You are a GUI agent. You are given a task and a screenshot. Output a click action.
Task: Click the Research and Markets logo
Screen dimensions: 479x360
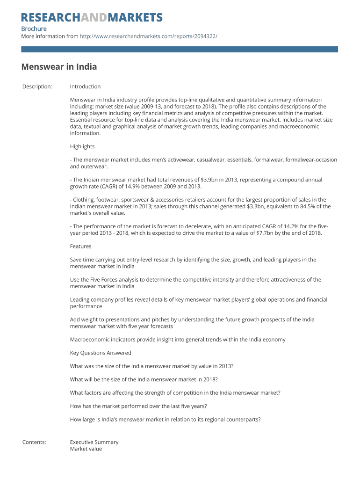click(x=92, y=18)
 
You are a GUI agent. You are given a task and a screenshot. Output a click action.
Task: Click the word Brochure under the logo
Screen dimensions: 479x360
click(x=34, y=29)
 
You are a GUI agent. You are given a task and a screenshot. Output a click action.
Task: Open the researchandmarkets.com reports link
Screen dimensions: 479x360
click(x=149, y=36)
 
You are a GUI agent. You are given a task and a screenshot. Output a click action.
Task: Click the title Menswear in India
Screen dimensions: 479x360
click(x=59, y=67)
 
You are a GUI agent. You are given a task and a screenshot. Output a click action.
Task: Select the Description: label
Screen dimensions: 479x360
click(x=37, y=87)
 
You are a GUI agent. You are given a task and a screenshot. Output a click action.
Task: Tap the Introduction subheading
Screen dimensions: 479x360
click(x=85, y=87)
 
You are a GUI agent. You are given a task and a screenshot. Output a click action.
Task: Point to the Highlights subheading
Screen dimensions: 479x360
click(x=82, y=146)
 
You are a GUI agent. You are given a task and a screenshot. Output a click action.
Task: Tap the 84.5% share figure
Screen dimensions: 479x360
click(x=305, y=206)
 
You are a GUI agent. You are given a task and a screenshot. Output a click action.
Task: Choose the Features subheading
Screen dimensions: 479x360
click(x=81, y=247)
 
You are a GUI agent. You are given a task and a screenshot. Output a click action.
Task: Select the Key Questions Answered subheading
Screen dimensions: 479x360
click(x=101, y=353)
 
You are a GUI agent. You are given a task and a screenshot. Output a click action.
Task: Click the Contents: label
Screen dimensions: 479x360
click(x=34, y=442)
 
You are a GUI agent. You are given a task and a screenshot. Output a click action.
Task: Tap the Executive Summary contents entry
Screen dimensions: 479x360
click(x=94, y=442)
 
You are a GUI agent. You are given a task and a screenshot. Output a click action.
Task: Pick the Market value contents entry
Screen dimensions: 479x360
click(x=86, y=449)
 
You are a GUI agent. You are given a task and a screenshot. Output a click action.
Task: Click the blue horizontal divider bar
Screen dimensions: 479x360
click(x=180, y=49)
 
